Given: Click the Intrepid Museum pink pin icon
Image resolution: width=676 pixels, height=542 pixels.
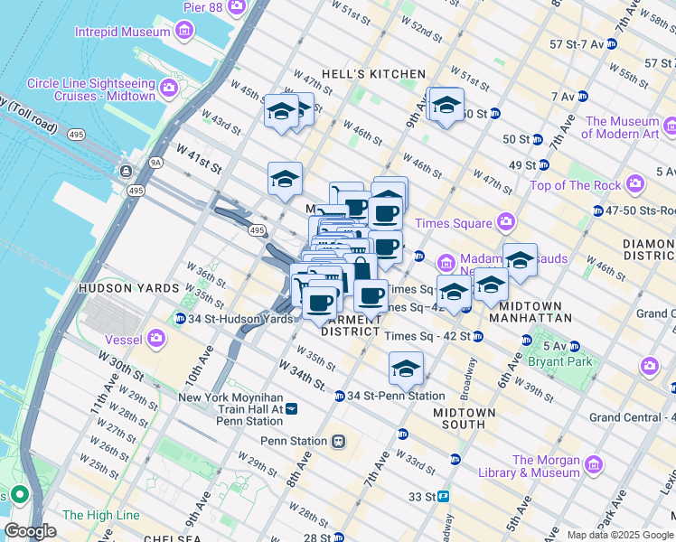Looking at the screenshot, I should pyautogui.click(x=184, y=32).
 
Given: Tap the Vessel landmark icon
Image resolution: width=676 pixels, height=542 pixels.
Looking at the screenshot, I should pyautogui.click(x=157, y=339).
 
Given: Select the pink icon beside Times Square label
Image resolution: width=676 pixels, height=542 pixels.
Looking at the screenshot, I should pyautogui.click(x=506, y=222).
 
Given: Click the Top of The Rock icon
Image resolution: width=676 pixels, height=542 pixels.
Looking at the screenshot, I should pyautogui.click(x=635, y=185).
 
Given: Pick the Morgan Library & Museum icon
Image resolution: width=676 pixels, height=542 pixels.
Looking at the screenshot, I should pyautogui.click(x=594, y=465).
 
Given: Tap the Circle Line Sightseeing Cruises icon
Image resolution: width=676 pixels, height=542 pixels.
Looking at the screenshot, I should pyautogui.click(x=169, y=89).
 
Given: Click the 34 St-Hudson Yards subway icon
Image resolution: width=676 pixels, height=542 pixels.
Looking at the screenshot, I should pyautogui.click(x=181, y=319).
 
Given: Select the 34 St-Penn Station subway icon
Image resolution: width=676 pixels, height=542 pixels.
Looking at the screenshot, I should pyautogui.click(x=340, y=396).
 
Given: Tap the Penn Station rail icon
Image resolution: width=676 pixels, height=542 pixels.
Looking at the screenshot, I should pyautogui.click(x=338, y=441).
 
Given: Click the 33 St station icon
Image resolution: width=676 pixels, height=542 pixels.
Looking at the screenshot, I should pyautogui.click(x=443, y=496).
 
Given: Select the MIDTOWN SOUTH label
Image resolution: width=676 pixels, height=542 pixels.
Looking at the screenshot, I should pyautogui.click(x=465, y=419).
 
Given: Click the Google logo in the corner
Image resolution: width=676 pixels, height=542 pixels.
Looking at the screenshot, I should pyautogui.click(x=31, y=531).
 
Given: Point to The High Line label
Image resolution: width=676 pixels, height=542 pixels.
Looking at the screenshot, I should pyautogui.click(x=101, y=515).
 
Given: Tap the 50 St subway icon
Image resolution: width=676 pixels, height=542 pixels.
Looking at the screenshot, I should pyautogui.click(x=537, y=139).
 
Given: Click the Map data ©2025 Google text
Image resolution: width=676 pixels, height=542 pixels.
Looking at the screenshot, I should pyautogui.click(x=620, y=535).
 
